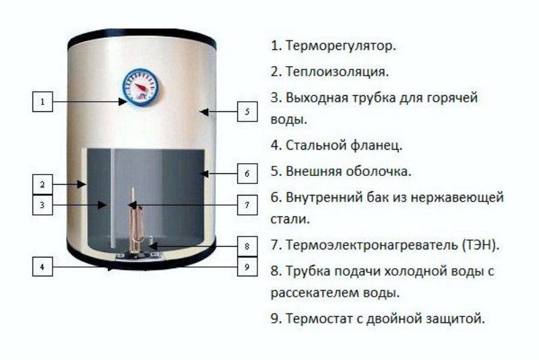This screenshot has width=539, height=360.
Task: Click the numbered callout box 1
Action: (42, 102)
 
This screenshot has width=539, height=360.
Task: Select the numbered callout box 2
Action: (42, 185)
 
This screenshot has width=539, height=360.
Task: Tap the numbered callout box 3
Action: (42, 205)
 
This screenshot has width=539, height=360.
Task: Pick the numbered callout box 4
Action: (42, 266)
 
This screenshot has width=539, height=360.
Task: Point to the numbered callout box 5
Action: (247, 111)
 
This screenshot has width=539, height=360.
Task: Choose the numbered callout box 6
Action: (247, 174)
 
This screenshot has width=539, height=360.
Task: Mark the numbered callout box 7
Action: (247, 205)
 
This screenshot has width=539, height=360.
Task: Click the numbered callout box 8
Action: (247, 246)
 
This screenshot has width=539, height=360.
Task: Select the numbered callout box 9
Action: (247, 266)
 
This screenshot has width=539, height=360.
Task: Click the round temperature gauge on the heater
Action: (141, 88)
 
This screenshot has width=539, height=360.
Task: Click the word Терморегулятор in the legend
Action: (341, 46)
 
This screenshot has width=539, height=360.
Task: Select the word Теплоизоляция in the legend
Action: (338, 71)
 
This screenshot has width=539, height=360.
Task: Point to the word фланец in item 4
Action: (377, 146)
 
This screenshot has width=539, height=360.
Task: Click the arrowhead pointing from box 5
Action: (205, 112)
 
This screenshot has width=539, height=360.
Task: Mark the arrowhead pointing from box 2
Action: (82, 185)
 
